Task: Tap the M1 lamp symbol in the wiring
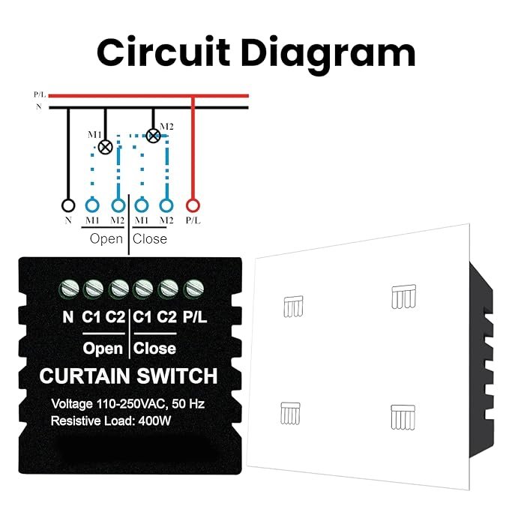click(x=106, y=148)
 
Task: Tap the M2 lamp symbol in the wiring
click(x=153, y=136)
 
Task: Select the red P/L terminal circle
click(x=193, y=205)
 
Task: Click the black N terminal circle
click(x=68, y=205)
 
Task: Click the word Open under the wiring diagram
click(x=106, y=239)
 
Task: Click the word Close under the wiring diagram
click(x=150, y=239)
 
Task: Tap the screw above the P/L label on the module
click(x=194, y=287)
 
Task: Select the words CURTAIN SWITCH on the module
click(x=128, y=376)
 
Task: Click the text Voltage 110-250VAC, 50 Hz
click(x=127, y=403)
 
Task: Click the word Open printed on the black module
click(x=103, y=349)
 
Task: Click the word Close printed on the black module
click(x=155, y=349)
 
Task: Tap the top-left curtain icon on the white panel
click(x=293, y=305)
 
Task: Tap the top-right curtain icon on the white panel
click(x=403, y=297)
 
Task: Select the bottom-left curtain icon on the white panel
click(x=290, y=413)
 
